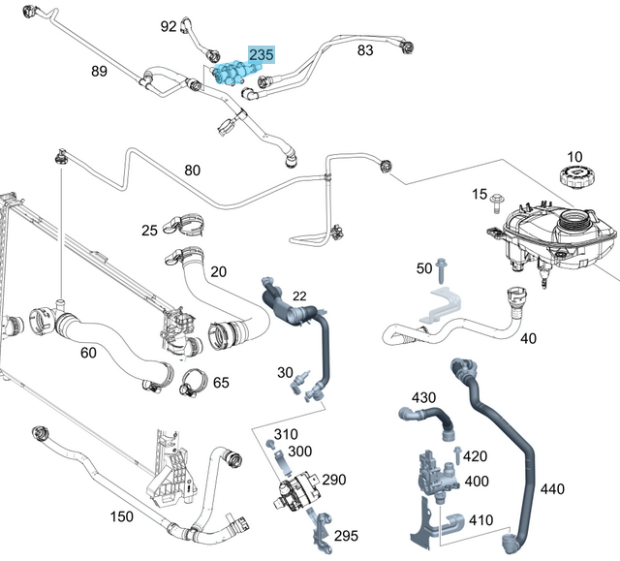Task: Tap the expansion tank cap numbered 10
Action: click(573, 177)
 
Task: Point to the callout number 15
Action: click(479, 195)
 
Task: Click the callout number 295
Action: click(347, 535)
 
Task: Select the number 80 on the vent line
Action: click(192, 171)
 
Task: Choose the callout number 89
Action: click(99, 71)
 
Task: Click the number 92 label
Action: click(169, 26)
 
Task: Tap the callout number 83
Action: click(364, 49)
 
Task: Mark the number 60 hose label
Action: click(88, 353)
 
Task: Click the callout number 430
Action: click(424, 397)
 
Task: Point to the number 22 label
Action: click(299, 295)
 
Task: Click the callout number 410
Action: click(479, 520)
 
